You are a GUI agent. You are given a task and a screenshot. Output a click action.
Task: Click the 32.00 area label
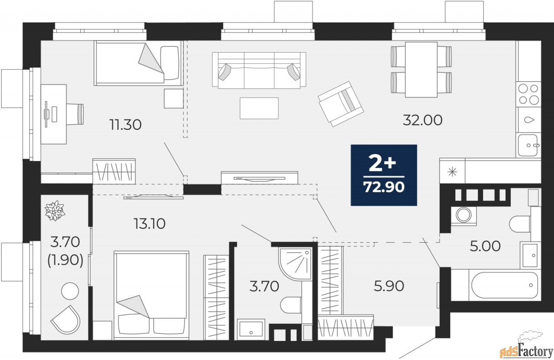[x=422, y=120]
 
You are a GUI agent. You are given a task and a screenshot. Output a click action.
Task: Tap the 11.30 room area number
[x=126, y=125]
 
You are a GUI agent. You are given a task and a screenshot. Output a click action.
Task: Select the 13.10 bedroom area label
[x=149, y=224]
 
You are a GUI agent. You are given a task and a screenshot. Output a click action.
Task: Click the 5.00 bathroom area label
[x=485, y=246]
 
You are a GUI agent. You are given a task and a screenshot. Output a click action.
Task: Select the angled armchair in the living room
[x=340, y=104]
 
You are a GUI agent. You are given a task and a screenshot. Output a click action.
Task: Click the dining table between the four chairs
[x=421, y=69]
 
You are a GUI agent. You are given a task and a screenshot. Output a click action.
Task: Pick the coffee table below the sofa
[x=259, y=108]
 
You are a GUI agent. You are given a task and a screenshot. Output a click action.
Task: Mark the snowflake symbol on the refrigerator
[x=452, y=171]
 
